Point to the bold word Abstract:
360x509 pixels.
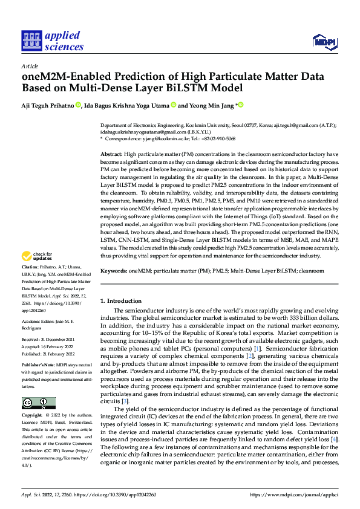pos(111,155)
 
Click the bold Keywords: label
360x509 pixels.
pos(114,272)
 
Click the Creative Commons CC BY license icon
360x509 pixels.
pos(38,403)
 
